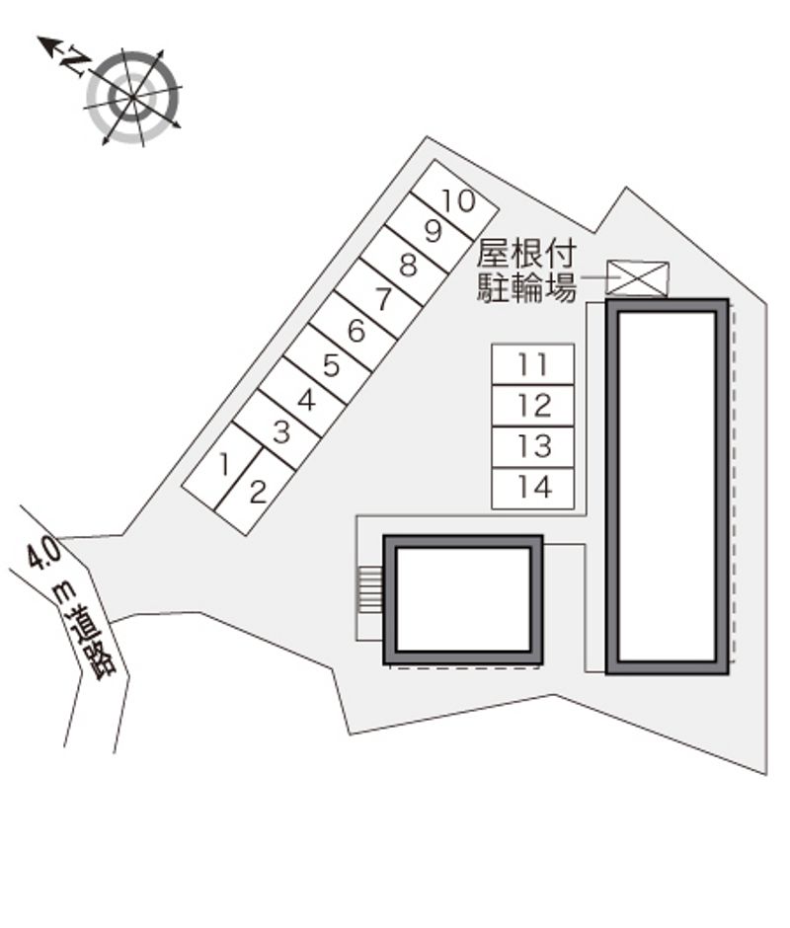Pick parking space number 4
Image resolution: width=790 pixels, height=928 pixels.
point(306,400)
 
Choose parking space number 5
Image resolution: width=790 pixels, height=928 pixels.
point(332,366)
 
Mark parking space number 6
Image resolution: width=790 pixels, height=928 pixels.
point(356,332)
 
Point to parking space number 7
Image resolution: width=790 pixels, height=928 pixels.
point(382,298)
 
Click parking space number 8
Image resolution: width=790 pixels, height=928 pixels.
point(407,265)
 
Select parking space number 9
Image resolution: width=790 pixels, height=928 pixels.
point(433,232)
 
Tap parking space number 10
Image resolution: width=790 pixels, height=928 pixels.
point(457,200)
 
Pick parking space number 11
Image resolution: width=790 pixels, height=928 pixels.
point(533,364)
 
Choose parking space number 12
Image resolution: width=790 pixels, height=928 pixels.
point(533,405)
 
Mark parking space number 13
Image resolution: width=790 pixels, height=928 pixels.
point(533,446)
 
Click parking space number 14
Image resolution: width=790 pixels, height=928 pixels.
point(533,488)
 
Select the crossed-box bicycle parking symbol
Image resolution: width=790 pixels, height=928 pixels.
point(637,278)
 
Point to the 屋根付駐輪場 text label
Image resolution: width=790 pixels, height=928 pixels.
point(525,271)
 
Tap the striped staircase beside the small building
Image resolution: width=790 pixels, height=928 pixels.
point(369,590)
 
